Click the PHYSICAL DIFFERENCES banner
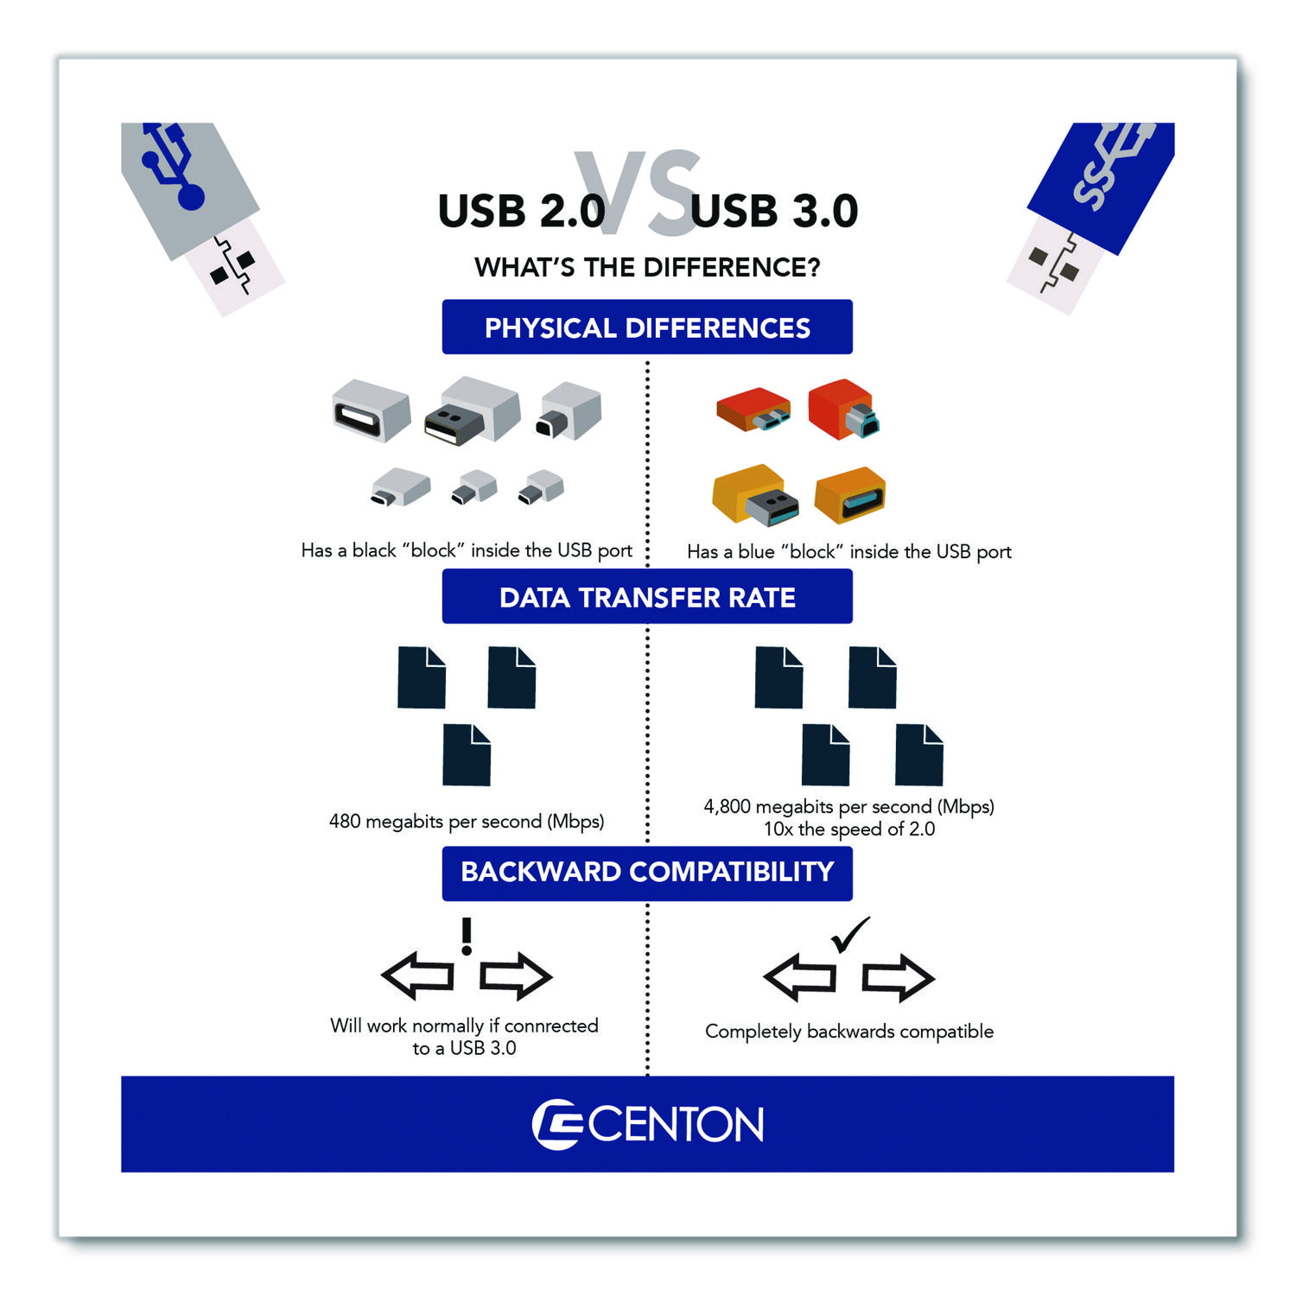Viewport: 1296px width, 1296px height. point(647,327)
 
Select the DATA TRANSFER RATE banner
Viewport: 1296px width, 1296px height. point(647,596)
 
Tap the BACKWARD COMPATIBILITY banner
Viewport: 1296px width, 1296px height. point(647,873)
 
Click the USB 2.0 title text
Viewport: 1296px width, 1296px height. point(521,211)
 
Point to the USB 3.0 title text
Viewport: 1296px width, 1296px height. point(774,211)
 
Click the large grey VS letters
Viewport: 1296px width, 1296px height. point(638,193)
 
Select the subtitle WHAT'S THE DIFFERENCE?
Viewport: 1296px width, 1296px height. point(647,267)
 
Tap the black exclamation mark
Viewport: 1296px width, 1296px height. point(467,937)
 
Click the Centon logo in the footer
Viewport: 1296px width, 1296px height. point(647,1124)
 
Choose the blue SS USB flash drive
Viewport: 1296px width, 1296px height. point(1090,218)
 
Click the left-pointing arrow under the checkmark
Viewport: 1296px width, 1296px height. point(800,977)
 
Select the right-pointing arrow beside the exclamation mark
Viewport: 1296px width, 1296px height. point(516,976)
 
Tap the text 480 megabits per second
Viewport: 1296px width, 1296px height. point(467,821)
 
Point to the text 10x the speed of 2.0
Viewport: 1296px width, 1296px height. point(849,829)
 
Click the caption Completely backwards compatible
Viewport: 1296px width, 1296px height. point(849,1032)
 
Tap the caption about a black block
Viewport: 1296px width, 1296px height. point(467,550)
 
